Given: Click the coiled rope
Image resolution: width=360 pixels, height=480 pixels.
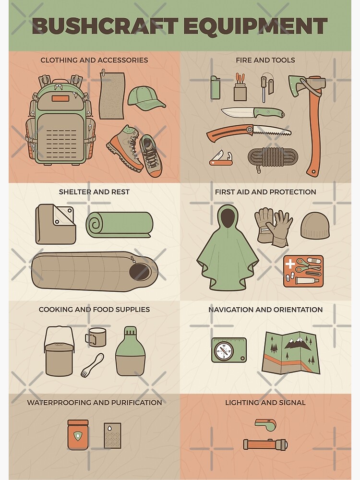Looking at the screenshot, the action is click(x=272, y=158).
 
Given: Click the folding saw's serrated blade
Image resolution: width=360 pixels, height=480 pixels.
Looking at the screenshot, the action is click(x=272, y=131).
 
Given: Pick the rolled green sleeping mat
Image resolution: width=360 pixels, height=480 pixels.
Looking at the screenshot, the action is click(x=119, y=224).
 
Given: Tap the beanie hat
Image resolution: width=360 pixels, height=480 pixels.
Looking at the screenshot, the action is click(x=315, y=225).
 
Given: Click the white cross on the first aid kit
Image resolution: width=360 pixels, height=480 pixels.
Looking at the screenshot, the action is click(x=289, y=263).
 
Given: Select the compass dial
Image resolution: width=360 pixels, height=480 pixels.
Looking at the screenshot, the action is click(x=224, y=351).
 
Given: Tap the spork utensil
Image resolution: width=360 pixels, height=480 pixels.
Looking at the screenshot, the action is click(x=92, y=365).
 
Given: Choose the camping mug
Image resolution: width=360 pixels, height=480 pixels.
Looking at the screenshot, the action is click(x=95, y=337).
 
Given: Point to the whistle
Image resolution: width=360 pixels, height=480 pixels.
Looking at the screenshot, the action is click(x=266, y=425).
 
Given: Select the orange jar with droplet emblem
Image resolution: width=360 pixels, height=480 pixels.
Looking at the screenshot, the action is click(x=78, y=435).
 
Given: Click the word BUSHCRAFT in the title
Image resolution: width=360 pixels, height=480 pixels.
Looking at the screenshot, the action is click(x=105, y=26).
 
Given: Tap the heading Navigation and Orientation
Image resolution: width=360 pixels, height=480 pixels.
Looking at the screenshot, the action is click(x=265, y=310).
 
